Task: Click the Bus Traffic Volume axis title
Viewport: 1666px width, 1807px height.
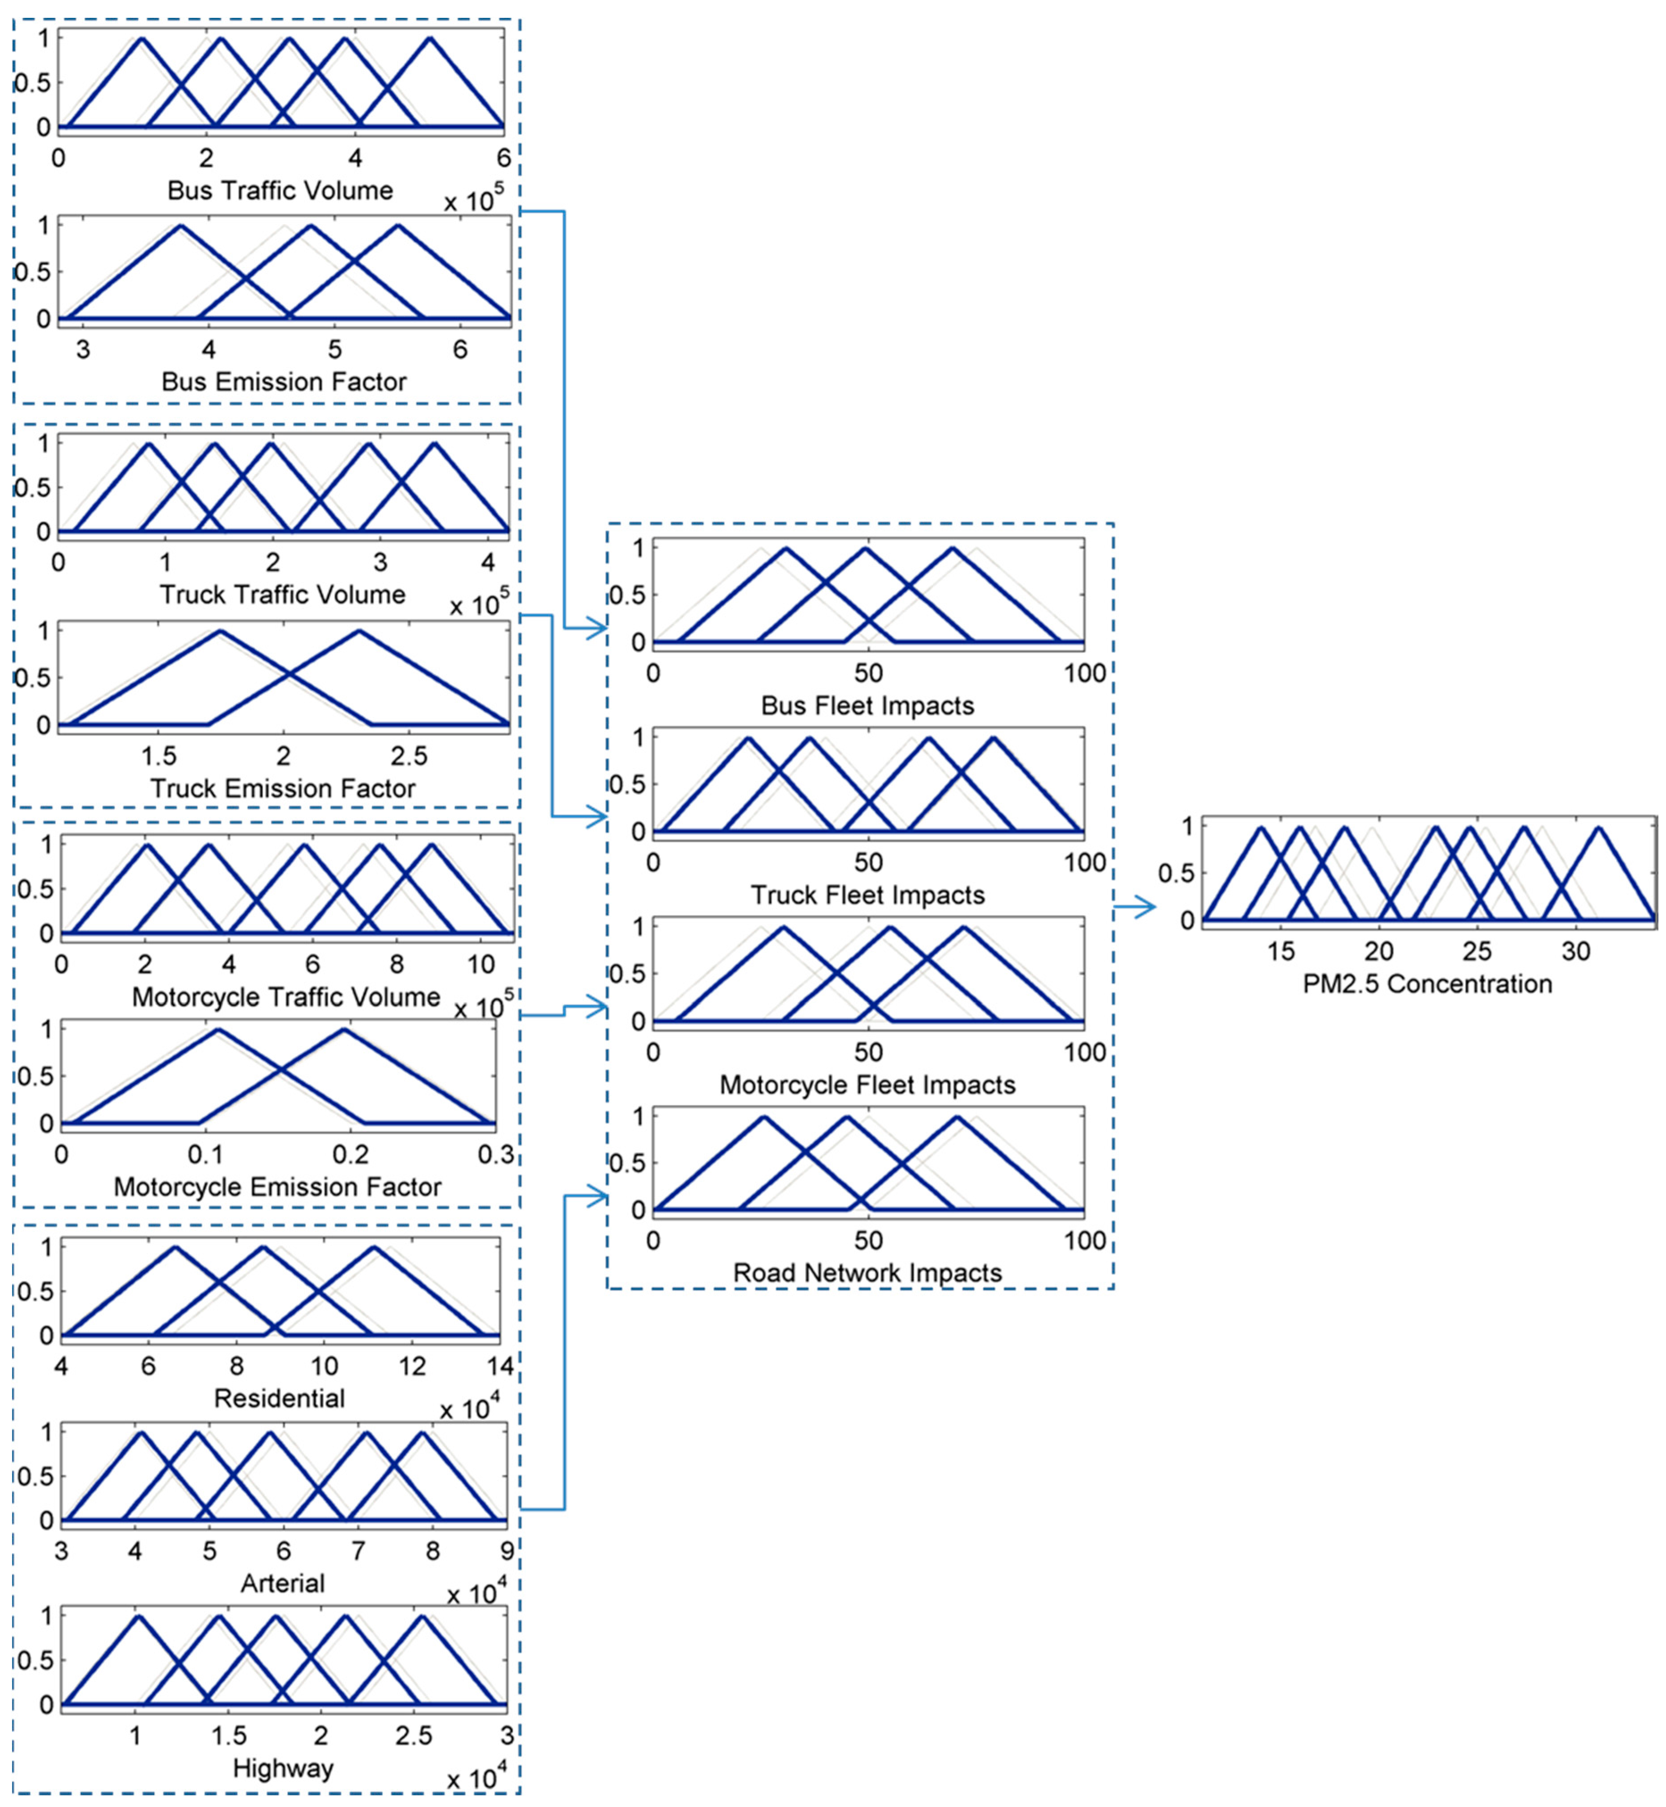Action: (x=280, y=190)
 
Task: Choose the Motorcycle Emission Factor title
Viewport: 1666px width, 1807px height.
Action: (x=278, y=1187)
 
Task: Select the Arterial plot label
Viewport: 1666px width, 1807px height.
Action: (x=282, y=1583)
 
